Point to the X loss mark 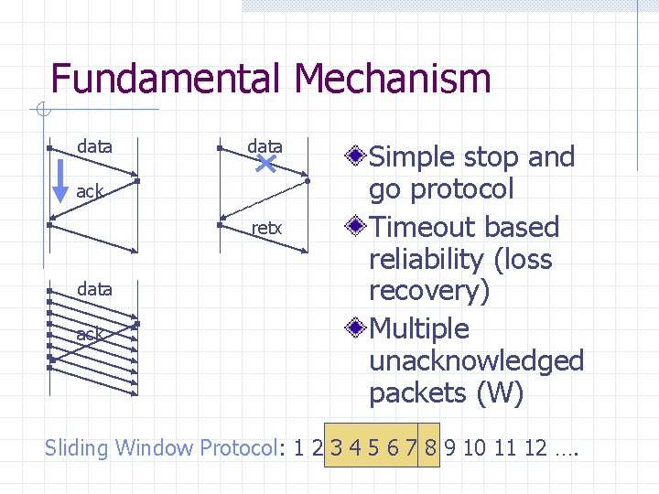pos(266,164)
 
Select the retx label pos(266,228)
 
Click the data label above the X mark pos(265,146)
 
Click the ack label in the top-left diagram pos(90,191)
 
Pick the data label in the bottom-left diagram pos(94,289)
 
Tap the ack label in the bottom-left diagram pos(90,335)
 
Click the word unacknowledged pos(476,360)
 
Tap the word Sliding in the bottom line pos(77,448)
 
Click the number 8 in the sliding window pos(429,448)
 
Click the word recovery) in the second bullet pos(429,292)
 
